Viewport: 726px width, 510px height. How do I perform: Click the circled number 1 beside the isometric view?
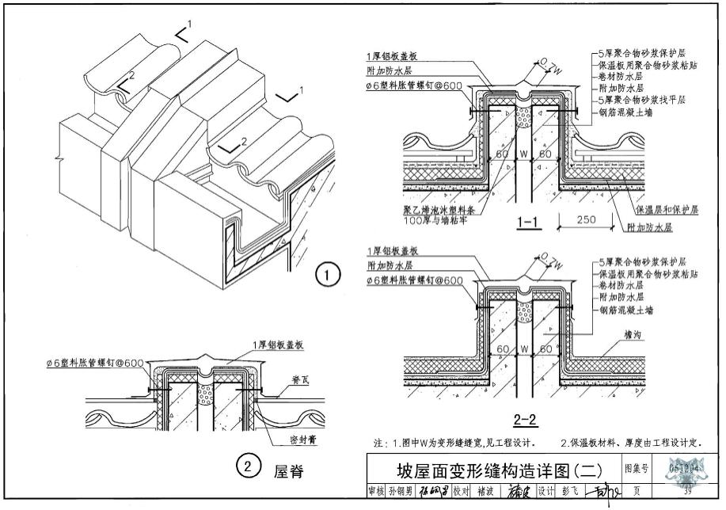coord(327,275)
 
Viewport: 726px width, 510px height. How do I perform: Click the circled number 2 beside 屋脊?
coord(248,469)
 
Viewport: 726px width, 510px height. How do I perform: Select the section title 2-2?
coord(526,421)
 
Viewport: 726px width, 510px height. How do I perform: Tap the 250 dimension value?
coord(586,219)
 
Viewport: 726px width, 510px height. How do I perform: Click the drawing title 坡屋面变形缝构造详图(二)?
coord(492,469)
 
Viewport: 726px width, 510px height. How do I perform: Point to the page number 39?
coord(686,491)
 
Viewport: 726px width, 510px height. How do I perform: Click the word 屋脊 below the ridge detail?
coord(289,472)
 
